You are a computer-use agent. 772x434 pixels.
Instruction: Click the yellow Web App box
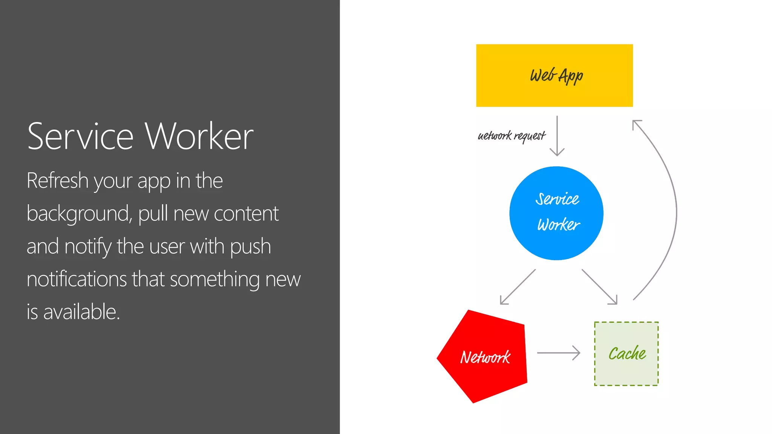pyautogui.click(x=554, y=75)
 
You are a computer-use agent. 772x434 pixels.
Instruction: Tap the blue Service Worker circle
pyautogui.click(x=556, y=213)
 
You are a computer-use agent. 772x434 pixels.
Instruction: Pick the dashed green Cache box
pyautogui.click(x=626, y=353)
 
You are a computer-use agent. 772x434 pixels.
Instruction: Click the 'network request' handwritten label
pyautogui.click(x=512, y=136)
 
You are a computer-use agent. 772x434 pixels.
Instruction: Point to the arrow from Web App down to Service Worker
pyautogui.click(x=557, y=136)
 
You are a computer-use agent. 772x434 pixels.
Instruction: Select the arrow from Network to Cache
pyautogui.click(x=558, y=353)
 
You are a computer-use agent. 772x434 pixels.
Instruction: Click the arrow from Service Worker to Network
pyautogui.click(x=518, y=287)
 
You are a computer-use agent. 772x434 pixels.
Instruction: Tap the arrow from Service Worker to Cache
pyautogui.click(x=599, y=287)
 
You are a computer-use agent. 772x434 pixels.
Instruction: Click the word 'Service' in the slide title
pyautogui.click(x=80, y=136)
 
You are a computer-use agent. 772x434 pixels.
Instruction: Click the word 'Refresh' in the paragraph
pyautogui.click(x=57, y=180)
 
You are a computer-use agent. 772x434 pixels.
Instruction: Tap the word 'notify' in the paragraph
pyautogui.click(x=88, y=246)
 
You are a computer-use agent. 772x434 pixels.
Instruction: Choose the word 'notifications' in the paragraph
pyautogui.click(x=77, y=279)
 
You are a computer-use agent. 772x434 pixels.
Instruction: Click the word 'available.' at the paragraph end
pyautogui.click(x=81, y=312)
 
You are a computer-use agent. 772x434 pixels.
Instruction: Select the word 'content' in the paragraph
pyautogui.click(x=246, y=214)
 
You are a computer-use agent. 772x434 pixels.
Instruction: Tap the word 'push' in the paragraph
pyautogui.click(x=250, y=246)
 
